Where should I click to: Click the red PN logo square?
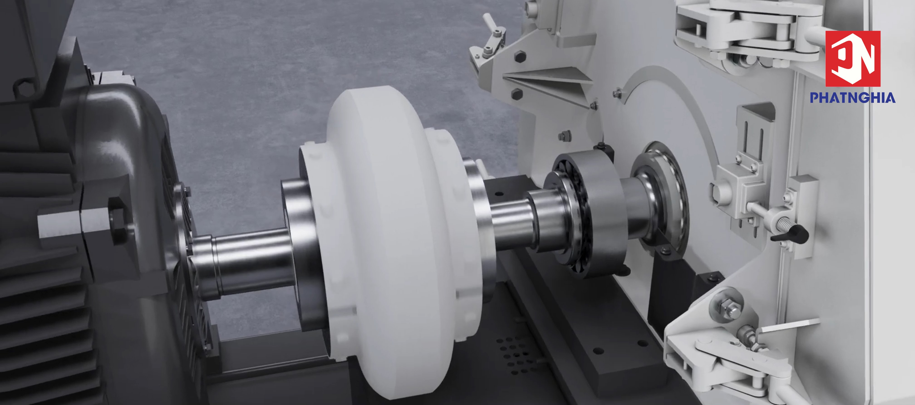click(853, 59)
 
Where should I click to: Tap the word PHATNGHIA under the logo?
click(853, 97)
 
